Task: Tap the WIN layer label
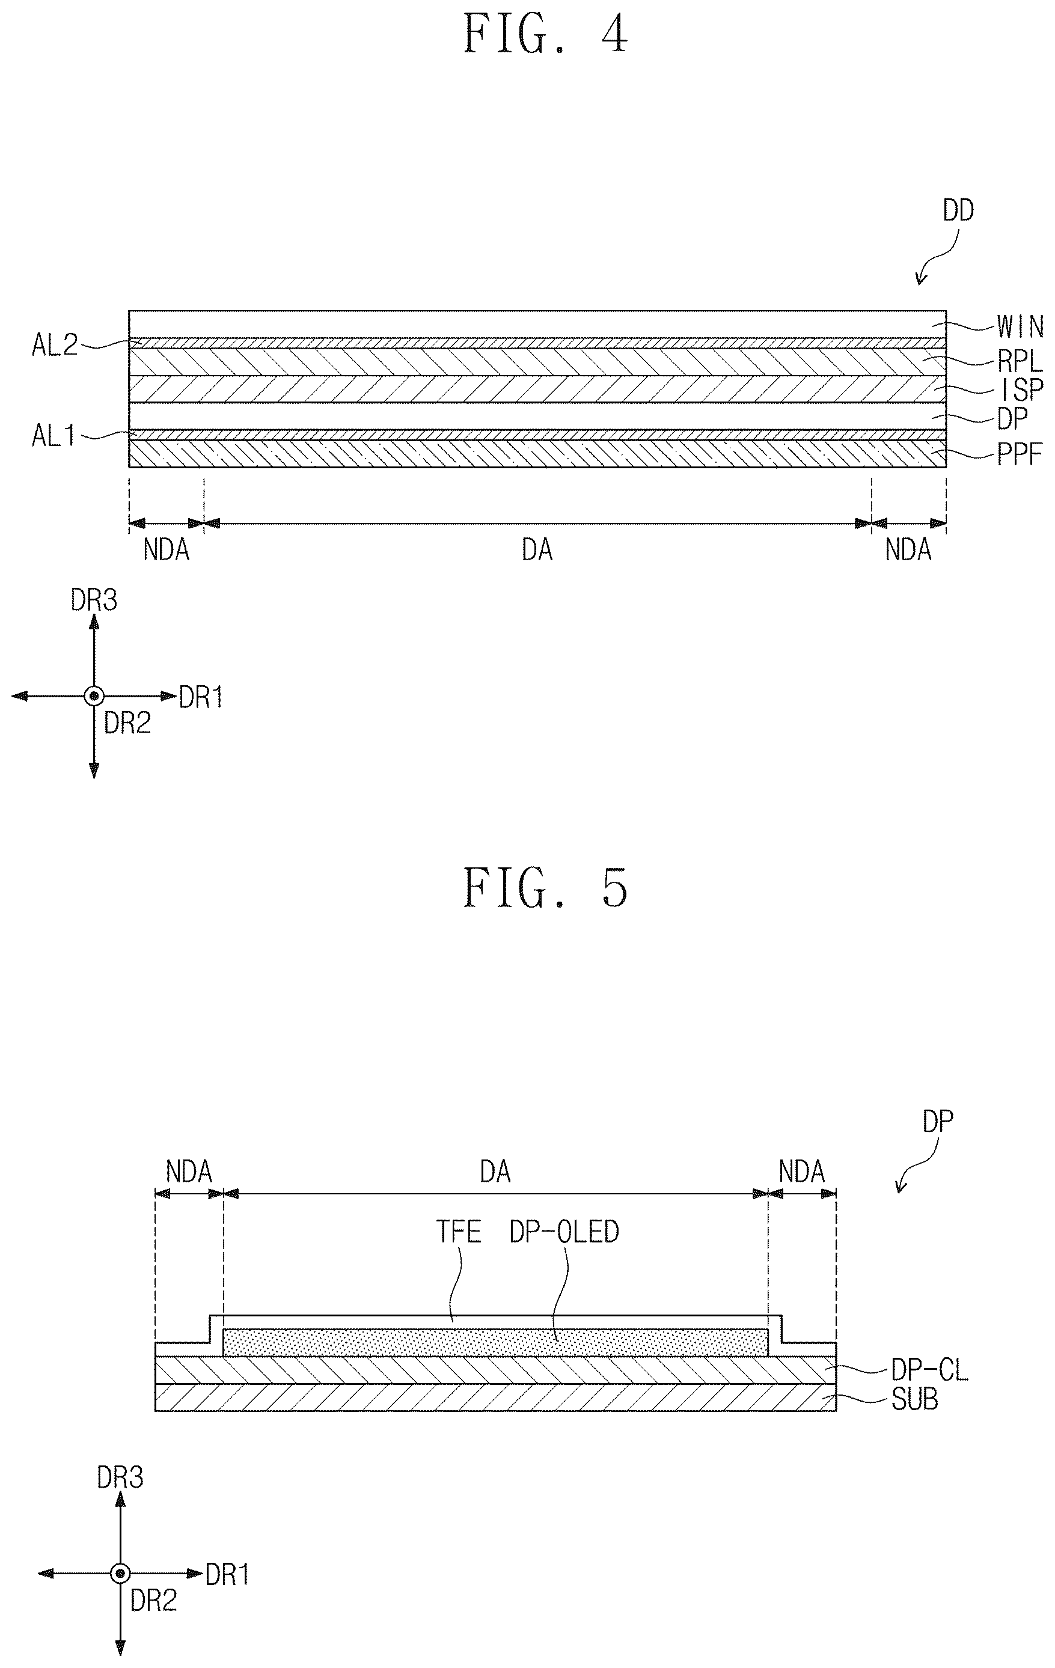(x=1020, y=326)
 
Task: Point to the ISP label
(x=1021, y=390)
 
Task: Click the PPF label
(x=1020, y=455)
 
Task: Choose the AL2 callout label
(x=55, y=345)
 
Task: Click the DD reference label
(x=958, y=210)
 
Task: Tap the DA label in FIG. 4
(x=537, y=550)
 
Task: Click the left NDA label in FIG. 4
(x=167, y=550)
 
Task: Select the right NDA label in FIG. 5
(x=801, y=1172)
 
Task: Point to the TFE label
(x=459, y=1232)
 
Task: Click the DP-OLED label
(x=564, y=1232)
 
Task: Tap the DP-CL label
(x=929, y=1370)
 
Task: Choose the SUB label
(x=914, y=1399)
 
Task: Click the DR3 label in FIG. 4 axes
(x=94, y=600)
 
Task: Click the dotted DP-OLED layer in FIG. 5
(x=495, y=1342)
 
